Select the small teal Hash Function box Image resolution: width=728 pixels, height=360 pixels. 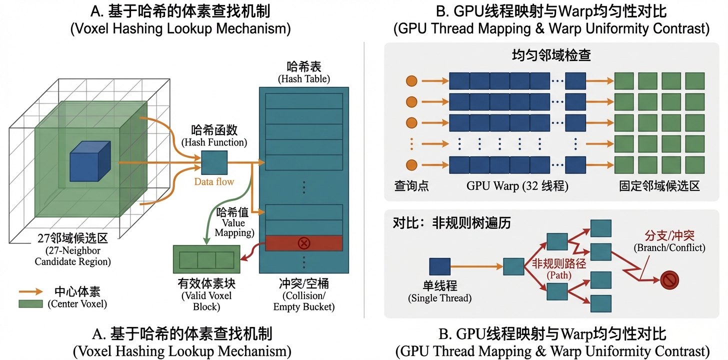click(214, 162)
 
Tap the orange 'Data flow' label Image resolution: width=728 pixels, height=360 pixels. click(214, 181)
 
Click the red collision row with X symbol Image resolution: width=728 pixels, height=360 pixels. click(303, 243)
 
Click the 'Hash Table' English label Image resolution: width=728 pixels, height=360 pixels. click(303, 79)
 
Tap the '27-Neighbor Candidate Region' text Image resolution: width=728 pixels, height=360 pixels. click(73, 255)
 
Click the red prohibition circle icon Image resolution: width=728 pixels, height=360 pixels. click(669, 280)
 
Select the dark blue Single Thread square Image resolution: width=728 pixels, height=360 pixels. click(439, 266)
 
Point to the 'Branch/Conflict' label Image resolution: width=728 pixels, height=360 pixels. click(669, 247)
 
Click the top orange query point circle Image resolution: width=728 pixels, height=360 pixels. click(411, 80)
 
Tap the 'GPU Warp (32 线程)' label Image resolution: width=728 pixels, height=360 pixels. click(517, 186)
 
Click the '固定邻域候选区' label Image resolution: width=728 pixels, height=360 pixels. click(659, 186)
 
